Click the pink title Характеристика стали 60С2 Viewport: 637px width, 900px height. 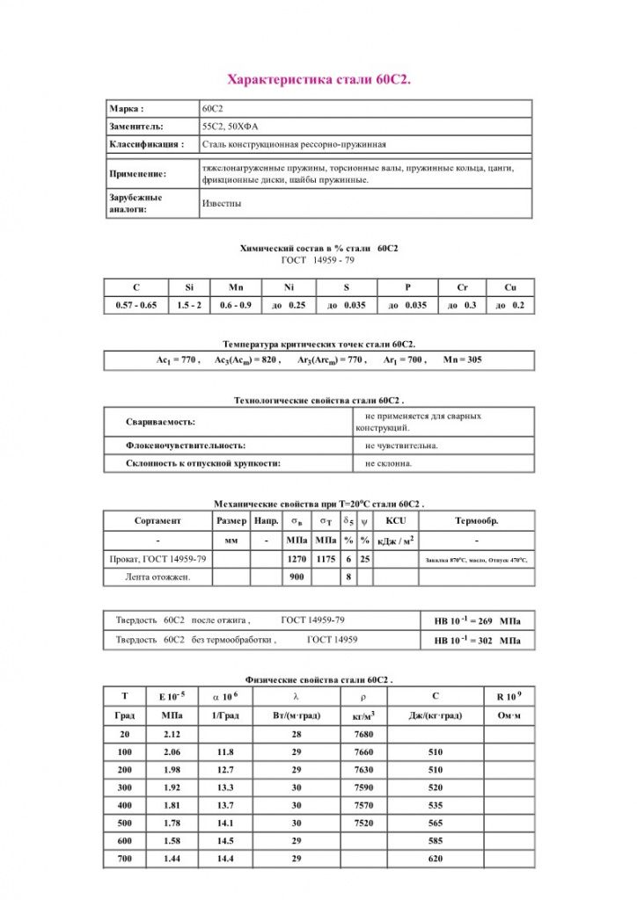(318, 80)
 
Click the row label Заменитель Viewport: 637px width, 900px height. (136, 127)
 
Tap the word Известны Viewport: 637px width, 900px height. (222, 204)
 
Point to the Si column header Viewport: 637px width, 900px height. (189, 287)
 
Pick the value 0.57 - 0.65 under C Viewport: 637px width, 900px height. (135, 305)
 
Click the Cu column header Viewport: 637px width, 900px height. (510, 287)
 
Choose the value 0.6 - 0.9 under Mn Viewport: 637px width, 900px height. (236, 305)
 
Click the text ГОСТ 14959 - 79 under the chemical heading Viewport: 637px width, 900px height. (318, 260)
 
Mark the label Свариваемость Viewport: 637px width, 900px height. (160, 422)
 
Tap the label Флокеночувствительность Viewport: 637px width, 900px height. (186, 446)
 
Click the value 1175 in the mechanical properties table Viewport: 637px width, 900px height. (326, 559)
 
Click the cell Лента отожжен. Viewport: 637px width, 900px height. (157, 577)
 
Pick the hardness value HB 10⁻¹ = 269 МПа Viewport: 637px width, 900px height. (477, 621)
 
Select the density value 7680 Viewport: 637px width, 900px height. (363, 735)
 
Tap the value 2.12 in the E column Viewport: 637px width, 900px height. (172, 735)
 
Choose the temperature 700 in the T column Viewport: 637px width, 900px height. (125, 858)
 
